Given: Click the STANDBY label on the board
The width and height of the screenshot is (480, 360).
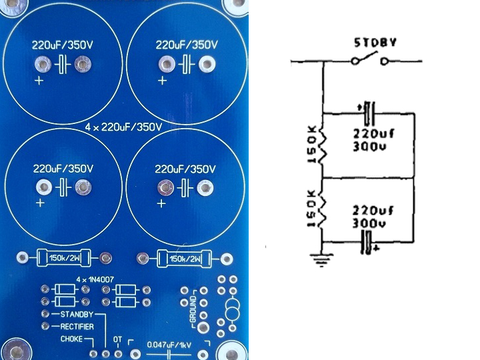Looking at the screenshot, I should (x=75, y=313).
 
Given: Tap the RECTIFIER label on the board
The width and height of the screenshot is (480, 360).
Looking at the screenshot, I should (x=77, y=326).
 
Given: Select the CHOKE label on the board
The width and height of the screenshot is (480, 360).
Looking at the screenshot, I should (x=71, y=339).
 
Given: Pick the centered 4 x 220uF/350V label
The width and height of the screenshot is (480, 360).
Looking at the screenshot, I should (x=125, y=126).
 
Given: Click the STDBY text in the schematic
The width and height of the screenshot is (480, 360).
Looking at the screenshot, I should (x=375, y=44).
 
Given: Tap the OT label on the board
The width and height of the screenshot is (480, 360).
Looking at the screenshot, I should (x=117, y=339).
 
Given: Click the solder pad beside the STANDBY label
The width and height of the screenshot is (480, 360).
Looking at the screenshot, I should (x=45, y=313).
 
